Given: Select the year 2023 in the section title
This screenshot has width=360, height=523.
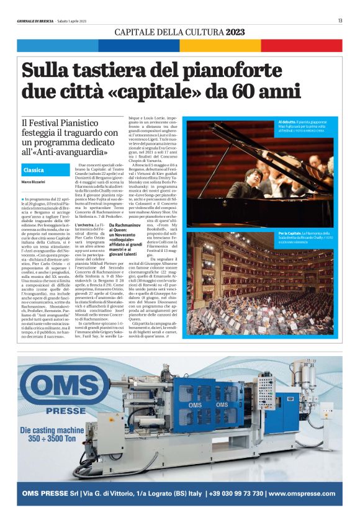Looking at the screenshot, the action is pos(235,32).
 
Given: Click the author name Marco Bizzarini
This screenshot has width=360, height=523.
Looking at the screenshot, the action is pos(34,182).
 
